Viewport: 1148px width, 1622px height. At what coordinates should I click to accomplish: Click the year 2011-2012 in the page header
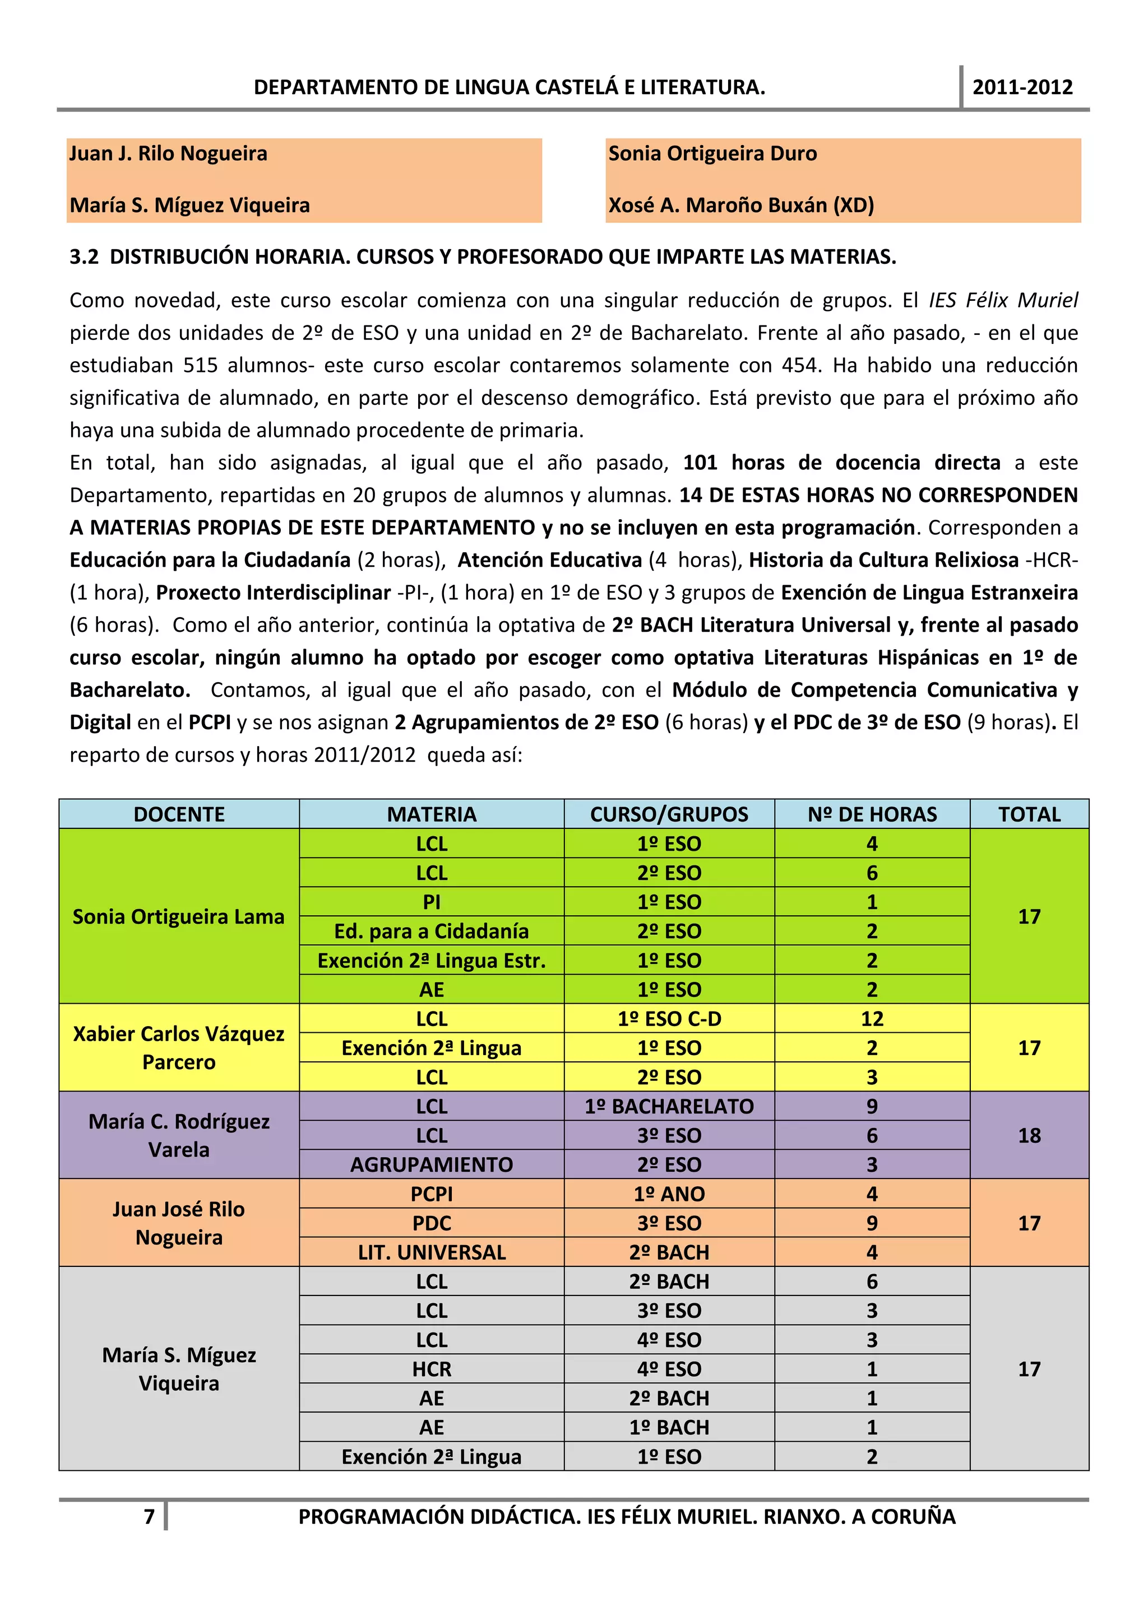(1022, 87)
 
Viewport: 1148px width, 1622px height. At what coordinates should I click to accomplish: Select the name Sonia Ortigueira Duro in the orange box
(712, 153)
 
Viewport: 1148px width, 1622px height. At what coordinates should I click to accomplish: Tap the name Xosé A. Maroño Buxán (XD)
(741, 205)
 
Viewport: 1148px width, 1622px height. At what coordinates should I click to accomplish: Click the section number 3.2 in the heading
(84, 257)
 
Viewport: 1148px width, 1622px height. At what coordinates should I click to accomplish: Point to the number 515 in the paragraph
(201, 365)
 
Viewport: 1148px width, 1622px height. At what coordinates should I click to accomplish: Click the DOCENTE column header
(179, 814)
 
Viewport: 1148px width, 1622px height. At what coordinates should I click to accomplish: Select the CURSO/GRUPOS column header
(669, 814)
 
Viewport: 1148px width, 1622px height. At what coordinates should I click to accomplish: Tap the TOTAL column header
(1029, 814)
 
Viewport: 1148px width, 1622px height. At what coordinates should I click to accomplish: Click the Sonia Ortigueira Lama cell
(179, 916)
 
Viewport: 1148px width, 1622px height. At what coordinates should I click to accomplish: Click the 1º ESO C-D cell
(669, 1019)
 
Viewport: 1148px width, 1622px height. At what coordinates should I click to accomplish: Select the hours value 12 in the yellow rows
(872, 1019)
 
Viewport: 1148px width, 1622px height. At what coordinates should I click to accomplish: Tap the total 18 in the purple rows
(1029, 1135)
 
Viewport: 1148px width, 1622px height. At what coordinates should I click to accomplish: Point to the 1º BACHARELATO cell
(669, 1106)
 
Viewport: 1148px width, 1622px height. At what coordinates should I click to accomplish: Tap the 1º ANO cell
(669, 1194)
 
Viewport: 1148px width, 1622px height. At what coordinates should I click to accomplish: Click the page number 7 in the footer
(149, 1516)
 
